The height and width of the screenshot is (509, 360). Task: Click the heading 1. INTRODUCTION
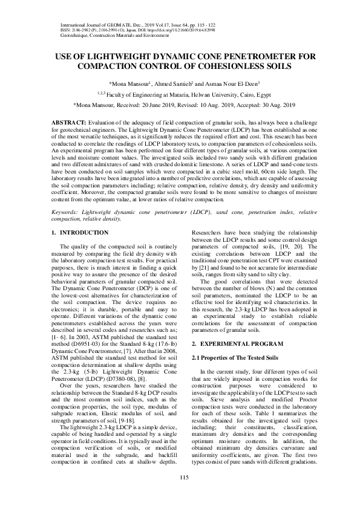tap(80, 233)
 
